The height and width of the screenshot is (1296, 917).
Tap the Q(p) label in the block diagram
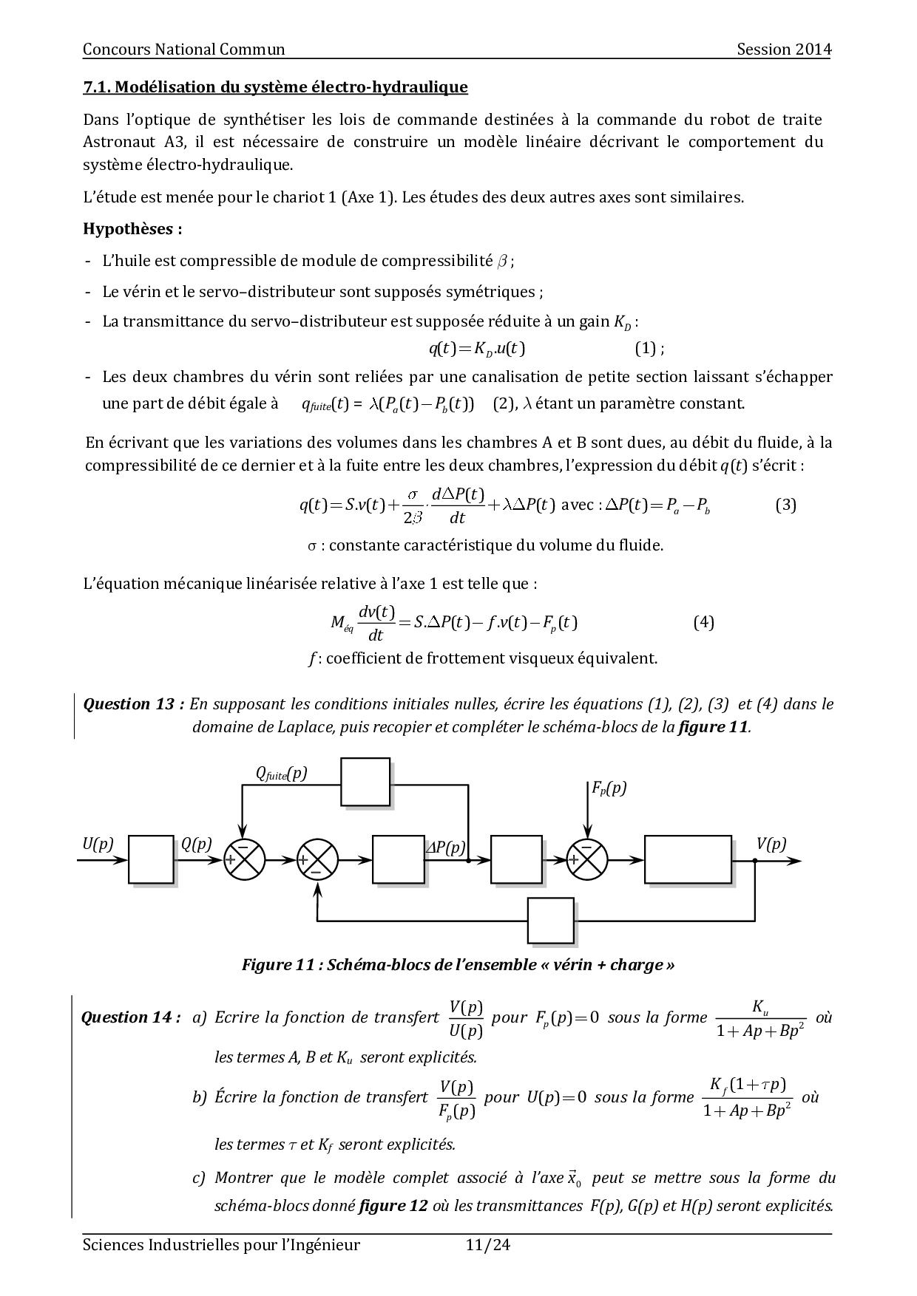pyautogui.click(x=196, y=845)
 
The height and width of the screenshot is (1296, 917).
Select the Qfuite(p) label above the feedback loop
pyautogui.click(x=281, y=774)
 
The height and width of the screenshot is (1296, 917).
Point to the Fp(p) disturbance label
pyautogui.click(x=609, y=788)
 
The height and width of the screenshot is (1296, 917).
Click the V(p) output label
pyautogui.click(x=771, y=845)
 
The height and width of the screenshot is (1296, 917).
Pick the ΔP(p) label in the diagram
pyautogui.click(x=445, y=847)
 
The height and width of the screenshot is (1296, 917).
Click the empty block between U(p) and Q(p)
pyautogui.click(x=151, y=859)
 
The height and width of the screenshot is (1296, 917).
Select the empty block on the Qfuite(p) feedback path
pyautogui.click(x=365, y=782)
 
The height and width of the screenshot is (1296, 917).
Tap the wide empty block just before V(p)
pyautogui.click(x=688, y=859)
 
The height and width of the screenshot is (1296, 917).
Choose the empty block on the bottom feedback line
pyautogui.click(x=551, y=921)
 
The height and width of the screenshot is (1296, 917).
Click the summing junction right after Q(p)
pyautogui.click(x=245, y=860)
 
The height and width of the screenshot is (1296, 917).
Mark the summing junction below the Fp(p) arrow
pyautogui.click(x=587, y=860)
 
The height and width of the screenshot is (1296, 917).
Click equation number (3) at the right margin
pyautogui.click(x=785, y=505)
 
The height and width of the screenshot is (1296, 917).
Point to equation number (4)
pyautogui.click(x=703, y=622)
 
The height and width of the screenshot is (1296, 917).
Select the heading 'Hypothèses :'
pyautogui.click(x=132, y=229)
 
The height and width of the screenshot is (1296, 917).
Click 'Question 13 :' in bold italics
pyautogui.click(x=134, y=704)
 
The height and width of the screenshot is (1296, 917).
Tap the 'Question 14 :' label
pyautogui.click(x=131, y=1017)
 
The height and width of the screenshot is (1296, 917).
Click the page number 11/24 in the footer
pyautogui.click(x=488, y=1245)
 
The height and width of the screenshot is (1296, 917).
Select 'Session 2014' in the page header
pyautogui.click(x=784, y=50)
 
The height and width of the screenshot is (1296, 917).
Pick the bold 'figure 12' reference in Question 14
pyautogui.click(x=393, y=1206)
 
